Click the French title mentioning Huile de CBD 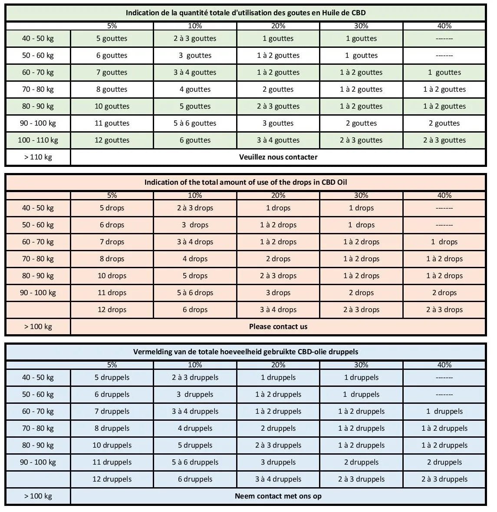(x=246, y=13)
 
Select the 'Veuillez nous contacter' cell (x=278, y=157)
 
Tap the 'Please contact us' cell (x=278, y=326)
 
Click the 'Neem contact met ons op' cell (x=278, y=496)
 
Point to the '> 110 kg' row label (x=38, y=157)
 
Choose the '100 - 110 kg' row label (x=38, y=140)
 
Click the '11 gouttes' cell (x=112, y=123)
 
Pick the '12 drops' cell (x=112, y=309)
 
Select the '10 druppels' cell (x=112, y=445)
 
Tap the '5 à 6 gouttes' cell (x=195, y=123)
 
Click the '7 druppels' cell (x=112, y=411)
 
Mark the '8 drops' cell (x=112, y=259)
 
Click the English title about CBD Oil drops (x=246, y=182)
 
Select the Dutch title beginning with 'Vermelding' (x=246, y=352)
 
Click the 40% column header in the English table (x=444, y=196)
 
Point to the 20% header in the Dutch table (x=278, y=365)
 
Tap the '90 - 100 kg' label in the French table (x=38, y=123)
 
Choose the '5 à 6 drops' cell (x=195, y=293)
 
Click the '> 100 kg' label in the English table (x=38, y=326)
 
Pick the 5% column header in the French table (x=112, y=26)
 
